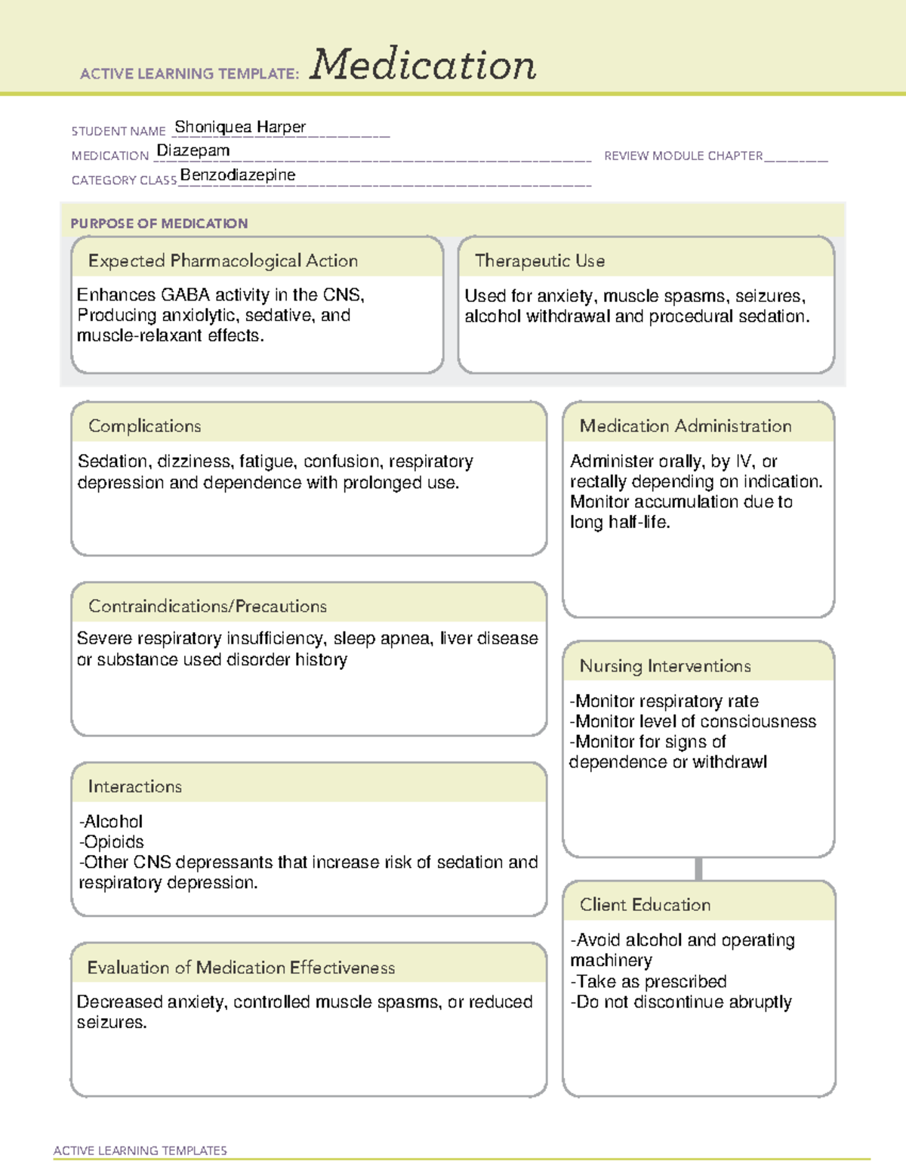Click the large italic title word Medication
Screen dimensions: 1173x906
click(x=423, y=65)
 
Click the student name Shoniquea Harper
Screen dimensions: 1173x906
click(x=240, y=127)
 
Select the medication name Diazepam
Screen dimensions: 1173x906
click(x=193, y=151)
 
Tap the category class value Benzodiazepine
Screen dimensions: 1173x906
click(x=238, y=175)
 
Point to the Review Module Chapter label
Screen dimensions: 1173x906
click(x=683, y=156)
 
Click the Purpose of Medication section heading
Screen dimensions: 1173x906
click(x=159, y=224)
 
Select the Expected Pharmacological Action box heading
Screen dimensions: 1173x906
click(x=223, y=261)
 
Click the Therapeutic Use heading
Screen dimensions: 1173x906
click(x=540, y=261)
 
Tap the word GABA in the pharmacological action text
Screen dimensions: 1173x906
click(x=185, y=295)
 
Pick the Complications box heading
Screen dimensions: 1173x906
click(x=145, y=426)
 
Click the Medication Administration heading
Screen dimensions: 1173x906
click(x=686, y=426)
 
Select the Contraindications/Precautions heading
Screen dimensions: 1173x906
click(x=208, y=607)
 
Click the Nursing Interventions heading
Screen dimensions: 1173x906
click(x=665, y=666)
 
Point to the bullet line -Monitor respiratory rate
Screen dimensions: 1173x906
click(x=664, y=701)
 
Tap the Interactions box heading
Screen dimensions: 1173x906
click(x=135, y=787)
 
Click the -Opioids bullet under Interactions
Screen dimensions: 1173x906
click(x=112, y=841)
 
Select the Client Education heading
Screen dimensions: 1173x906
click(x=646, y=905)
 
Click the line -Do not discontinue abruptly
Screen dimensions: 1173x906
click(x=681, y=1002)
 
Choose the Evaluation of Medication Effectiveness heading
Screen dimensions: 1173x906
click(x=241, y=968)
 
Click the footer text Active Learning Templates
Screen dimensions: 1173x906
click(x=140, y=1150)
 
